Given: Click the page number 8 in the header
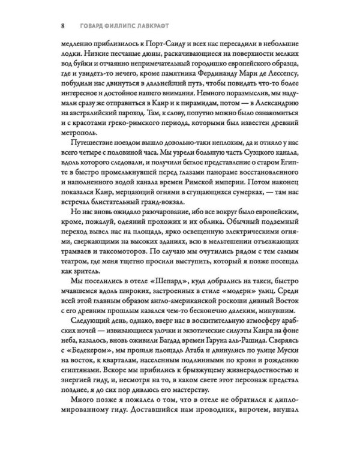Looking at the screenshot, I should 55,26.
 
